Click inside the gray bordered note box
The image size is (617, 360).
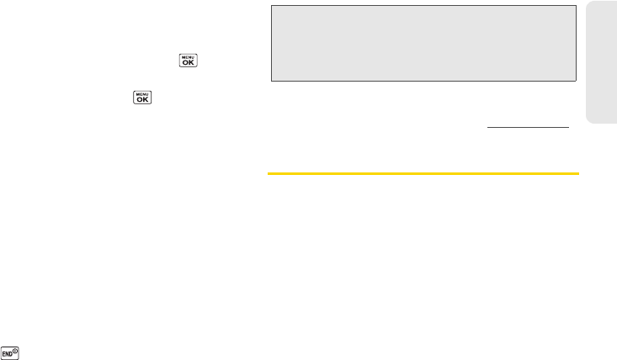pyautogui.click(x=423, y=42)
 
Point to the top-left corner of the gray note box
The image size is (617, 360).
pyautogui.click(x=271, y=6)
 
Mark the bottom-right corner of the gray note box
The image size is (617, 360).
pyautogui.click(x=575, y=80)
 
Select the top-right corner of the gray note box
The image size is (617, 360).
pyautogui.click(x=575, y=6)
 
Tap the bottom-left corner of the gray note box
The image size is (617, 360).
pyautogui.click(x=271, y=80)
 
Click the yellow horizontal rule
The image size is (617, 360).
pyautogui.click(x=423, y=174)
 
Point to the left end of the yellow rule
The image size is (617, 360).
pyautogui.click(x=269, y=174)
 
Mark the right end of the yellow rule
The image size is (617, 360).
pyautogui.click(x=579, y=174)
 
